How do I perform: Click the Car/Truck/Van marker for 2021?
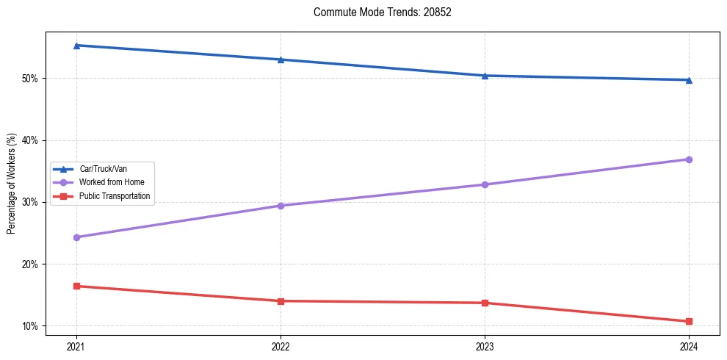pyautogui.click(x=76, y=46)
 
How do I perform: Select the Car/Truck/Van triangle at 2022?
pyautogui.click(x=281, y=60)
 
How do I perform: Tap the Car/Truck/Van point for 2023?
pyautogui.click(x=485, y=76)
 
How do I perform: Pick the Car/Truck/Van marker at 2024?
pyautogui.click(x=689, y=80)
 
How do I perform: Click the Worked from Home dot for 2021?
pyautogui.click(x=76, y=237)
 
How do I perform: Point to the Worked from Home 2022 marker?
pyautogui.click(x=281, y=206)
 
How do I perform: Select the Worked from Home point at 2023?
pyautogui.click(x=485, y=184)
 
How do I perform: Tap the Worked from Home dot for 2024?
pyautogui.click(x=689, y=159)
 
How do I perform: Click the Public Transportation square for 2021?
pyautogui.click(x=76, y=286)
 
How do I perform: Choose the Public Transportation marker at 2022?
pyautogui.click(x=281, y=301)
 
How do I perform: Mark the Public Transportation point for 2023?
pyautogui.click(x=485, y=303)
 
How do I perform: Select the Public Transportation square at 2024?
pyautogui.click(x=689, y=321)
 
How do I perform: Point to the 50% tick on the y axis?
pyautogui.click(x=32, y=79)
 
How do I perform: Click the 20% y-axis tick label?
pyautogui.click(x=32, y=264)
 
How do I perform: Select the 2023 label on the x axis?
pyautogui.click(x=485, y=345)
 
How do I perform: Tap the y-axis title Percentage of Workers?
pyautogui.click(x=12, y=184)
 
